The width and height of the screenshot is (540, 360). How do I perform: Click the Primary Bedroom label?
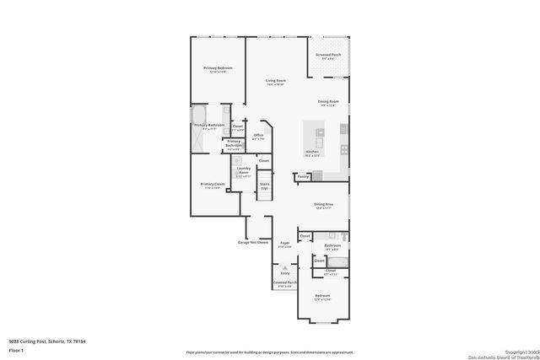coord(218,68)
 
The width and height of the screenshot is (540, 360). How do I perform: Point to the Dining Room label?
coord(329,102)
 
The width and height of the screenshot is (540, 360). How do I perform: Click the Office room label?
coord(259,135)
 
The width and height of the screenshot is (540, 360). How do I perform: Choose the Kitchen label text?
coord(312,152)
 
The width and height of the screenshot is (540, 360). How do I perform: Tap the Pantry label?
coord(303,177)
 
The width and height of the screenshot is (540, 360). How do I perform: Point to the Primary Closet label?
coord(212,184)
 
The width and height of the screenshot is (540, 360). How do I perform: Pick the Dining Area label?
coord(323,204)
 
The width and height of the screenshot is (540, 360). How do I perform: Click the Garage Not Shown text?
coord(252,242)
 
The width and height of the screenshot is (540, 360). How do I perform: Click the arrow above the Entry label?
coord(285,266)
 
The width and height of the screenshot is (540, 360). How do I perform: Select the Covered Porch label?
coord(285,282)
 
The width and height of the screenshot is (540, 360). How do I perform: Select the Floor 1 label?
coord(16,349)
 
